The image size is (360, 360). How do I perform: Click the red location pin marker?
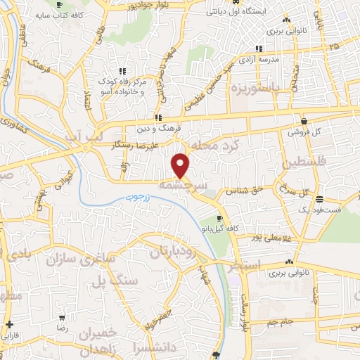pos(181,165)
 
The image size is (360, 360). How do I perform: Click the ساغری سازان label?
pos(79,259)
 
